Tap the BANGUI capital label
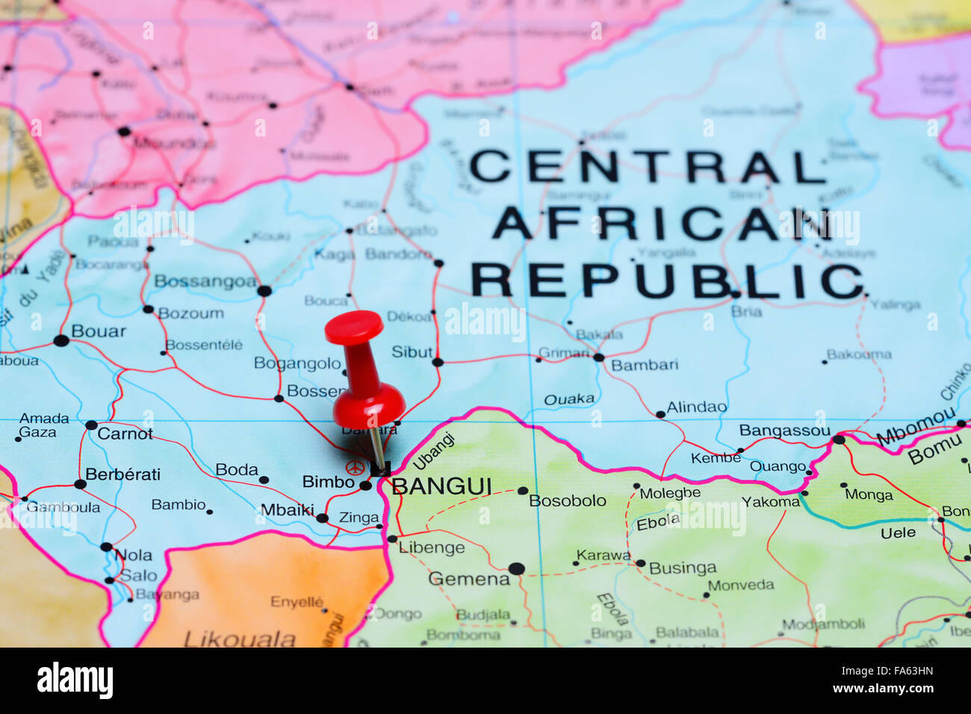click(441, 486)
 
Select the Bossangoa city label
click(205, 281)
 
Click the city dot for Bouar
click(61, 341)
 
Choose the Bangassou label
click(784, 430)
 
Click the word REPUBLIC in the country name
click(666, 281)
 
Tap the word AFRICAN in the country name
click(661, 223)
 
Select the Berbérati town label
click(122, 475)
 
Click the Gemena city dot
click(516, 569)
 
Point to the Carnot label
click(125, 433)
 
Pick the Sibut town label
click(412, 352)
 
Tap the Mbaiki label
click(287, 510)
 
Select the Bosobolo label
click(568, 501)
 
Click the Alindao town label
click(696, 407)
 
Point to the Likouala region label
click(240, 639)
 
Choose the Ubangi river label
click(433, 451)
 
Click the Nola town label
click(134, 555)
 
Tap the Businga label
click(683, 569)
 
